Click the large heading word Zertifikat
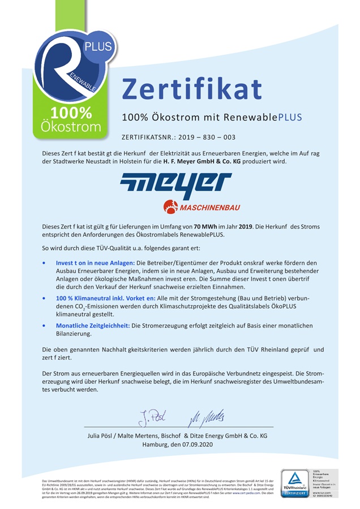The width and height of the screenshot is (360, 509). tap(192, 89)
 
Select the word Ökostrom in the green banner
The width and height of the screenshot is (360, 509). tap(71, 126)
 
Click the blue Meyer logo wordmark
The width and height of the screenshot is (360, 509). tap(176, 187)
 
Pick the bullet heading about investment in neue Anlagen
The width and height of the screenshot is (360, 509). tap(95, 263)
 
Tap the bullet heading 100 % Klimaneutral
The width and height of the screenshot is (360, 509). tap(96, 297)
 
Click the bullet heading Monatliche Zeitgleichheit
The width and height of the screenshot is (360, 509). tap(93, 326)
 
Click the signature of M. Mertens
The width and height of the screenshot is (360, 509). tap(206, 418)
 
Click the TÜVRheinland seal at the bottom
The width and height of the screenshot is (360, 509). tap(295, 484)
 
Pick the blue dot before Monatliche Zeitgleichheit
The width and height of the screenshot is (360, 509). tap(45, 326)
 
